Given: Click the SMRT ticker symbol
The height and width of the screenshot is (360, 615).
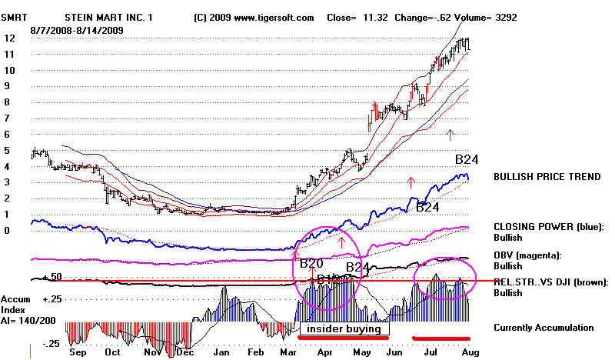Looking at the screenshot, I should tap(18, 16).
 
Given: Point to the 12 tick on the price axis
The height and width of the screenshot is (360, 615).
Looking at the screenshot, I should tap(8, 38).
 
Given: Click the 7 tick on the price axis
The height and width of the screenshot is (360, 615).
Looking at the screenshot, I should tap(8, 118).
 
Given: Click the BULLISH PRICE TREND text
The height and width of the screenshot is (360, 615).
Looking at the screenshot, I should tap(547, 177).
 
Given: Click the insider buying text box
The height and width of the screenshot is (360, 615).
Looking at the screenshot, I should tap(343, 328).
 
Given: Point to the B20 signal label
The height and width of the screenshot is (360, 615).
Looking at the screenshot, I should tap(311, 264).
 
